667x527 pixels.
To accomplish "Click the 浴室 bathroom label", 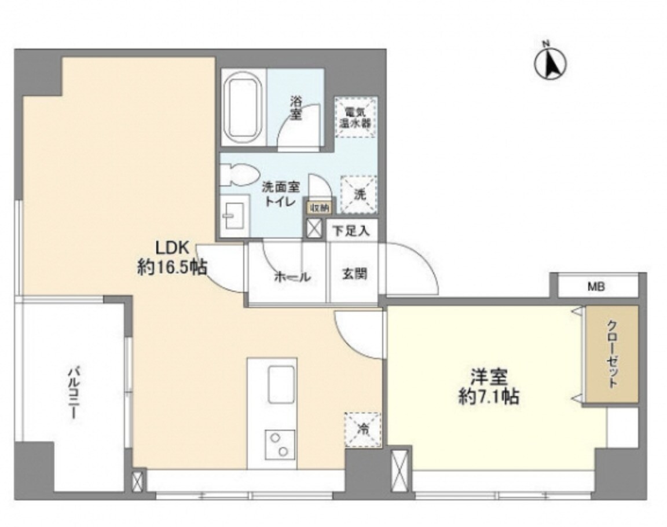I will coord(295,107).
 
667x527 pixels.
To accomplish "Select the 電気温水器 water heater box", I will coord(356,116).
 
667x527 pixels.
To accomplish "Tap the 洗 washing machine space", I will coord(359,195).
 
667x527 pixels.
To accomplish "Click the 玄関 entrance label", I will coord(354,274).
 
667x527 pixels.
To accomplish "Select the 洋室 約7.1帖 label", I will coord(488,387).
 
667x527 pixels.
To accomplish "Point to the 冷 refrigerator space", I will coord(362,429).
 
